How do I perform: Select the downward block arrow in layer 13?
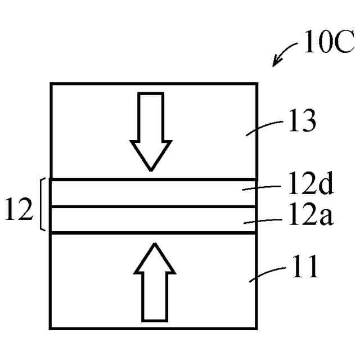(150, 131)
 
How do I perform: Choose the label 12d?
(308, 183)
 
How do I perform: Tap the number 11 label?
(305, 267)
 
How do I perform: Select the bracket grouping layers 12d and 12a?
(43, 205)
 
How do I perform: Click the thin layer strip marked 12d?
(141, 193)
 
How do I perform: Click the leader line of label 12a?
(262, 222)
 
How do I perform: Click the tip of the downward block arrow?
(150, 169)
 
